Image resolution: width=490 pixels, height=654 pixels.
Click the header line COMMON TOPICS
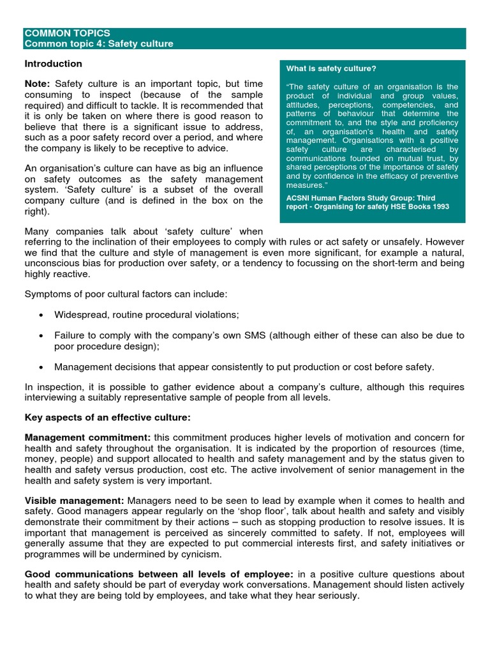click(67, 33)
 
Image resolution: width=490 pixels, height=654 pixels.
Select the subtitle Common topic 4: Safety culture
click(98, 43)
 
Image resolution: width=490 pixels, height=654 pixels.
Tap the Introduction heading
click(53, 64)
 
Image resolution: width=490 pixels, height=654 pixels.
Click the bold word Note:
click(38, 84)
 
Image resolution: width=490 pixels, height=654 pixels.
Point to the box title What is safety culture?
click(331, 69)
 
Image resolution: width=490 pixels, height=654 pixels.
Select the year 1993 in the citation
click(438, 207)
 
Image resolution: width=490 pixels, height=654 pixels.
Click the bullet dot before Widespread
click(41, 316)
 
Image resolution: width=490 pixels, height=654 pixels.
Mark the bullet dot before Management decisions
click(41, 367)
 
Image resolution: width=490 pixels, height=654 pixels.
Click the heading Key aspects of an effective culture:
click(107, 417)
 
